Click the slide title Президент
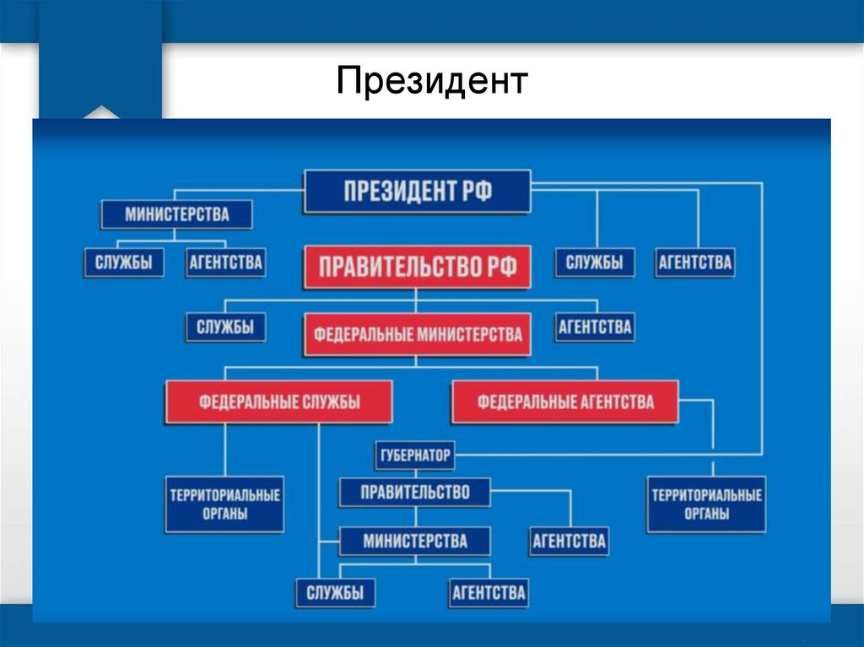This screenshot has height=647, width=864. click(x=432, y=82)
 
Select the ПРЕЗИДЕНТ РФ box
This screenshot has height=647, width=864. click(x=417, y=191)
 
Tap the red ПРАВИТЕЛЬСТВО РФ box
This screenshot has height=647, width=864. click(x=417, y=267)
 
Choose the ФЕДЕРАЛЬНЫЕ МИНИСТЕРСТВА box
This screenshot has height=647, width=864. click(x=418, y=335)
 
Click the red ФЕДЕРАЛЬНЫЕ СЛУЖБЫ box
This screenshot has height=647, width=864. click(x=279, y=402)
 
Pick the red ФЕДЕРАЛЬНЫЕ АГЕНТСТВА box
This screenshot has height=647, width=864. click(x=565, y=402)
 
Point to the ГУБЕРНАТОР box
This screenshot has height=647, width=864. click(x=413, y=456)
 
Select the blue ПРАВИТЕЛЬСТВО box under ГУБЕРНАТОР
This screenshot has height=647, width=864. click(x=414, y=492)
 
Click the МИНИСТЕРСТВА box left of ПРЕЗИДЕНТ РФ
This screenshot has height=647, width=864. click(x=177, y=214)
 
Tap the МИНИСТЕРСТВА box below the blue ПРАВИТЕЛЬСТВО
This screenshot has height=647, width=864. click(x=414, y=540)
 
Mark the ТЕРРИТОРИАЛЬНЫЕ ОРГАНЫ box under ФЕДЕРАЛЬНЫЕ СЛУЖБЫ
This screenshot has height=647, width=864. click(x=224, y=504)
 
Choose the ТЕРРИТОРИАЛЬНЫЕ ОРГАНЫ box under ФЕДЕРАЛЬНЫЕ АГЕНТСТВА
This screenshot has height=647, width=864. click(x=706, y=504)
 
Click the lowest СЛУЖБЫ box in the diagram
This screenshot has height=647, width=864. click(x=335, y=592)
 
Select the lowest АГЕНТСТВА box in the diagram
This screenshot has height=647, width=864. click(x=489, y=592)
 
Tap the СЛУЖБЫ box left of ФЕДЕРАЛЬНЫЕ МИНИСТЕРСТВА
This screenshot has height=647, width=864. click(x=224, y=326)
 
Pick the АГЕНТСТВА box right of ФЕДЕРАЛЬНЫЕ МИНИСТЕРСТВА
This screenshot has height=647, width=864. click(x=594, y=326)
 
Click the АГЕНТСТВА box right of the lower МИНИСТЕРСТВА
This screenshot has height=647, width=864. click(x=569, y=540)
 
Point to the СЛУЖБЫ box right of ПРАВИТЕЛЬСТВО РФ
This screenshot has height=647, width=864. click(x=594, y=262)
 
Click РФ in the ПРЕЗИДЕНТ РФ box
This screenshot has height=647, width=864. click(x=476, y=191)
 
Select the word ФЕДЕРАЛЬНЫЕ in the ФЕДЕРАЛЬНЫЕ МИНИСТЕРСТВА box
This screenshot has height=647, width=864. click(x=363, y=335)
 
